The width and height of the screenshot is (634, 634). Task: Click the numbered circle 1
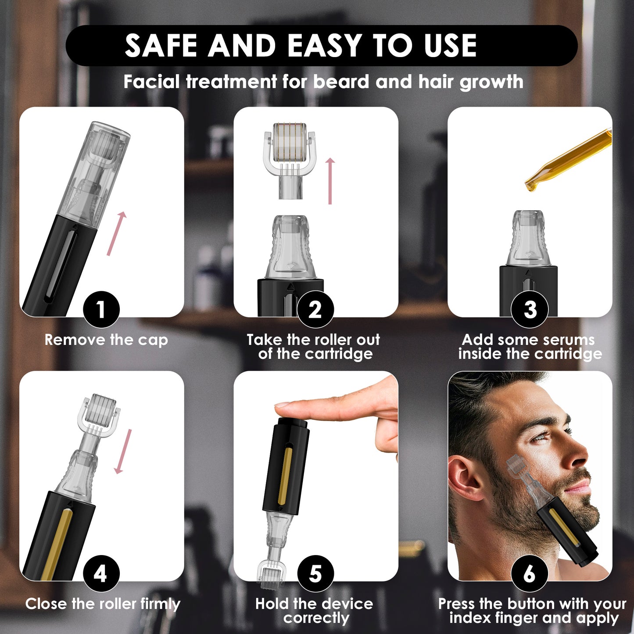click(101, 309)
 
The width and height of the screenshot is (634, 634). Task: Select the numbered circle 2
click(315, 309)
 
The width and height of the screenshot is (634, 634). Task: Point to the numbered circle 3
click(530, 309)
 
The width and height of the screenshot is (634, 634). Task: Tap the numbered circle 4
click(101, 573)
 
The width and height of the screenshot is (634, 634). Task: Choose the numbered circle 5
click(315, 573)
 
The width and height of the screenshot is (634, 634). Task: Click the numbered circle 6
click(530, 573)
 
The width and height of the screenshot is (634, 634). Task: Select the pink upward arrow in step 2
click(330, 181)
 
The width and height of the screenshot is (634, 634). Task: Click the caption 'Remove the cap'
click(106, 340)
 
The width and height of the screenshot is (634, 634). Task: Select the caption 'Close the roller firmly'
click(103, 604)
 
